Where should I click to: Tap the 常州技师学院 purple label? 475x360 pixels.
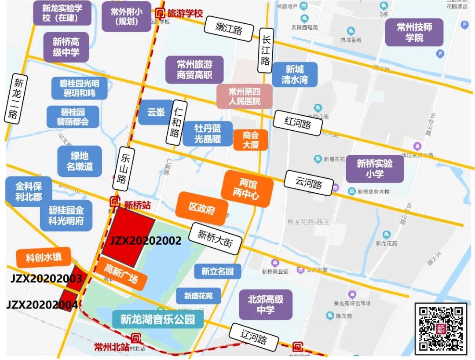414,33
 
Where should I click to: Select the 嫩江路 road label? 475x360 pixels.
229,29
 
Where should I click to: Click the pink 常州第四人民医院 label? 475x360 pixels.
244,97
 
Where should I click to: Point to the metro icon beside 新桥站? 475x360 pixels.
115,202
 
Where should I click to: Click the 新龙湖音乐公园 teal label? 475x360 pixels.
158,319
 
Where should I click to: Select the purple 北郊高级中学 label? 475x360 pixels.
266,305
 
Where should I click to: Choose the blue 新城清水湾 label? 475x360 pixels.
294,74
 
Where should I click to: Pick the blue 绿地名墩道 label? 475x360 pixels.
80,161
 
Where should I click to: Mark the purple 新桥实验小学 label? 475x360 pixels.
374,169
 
